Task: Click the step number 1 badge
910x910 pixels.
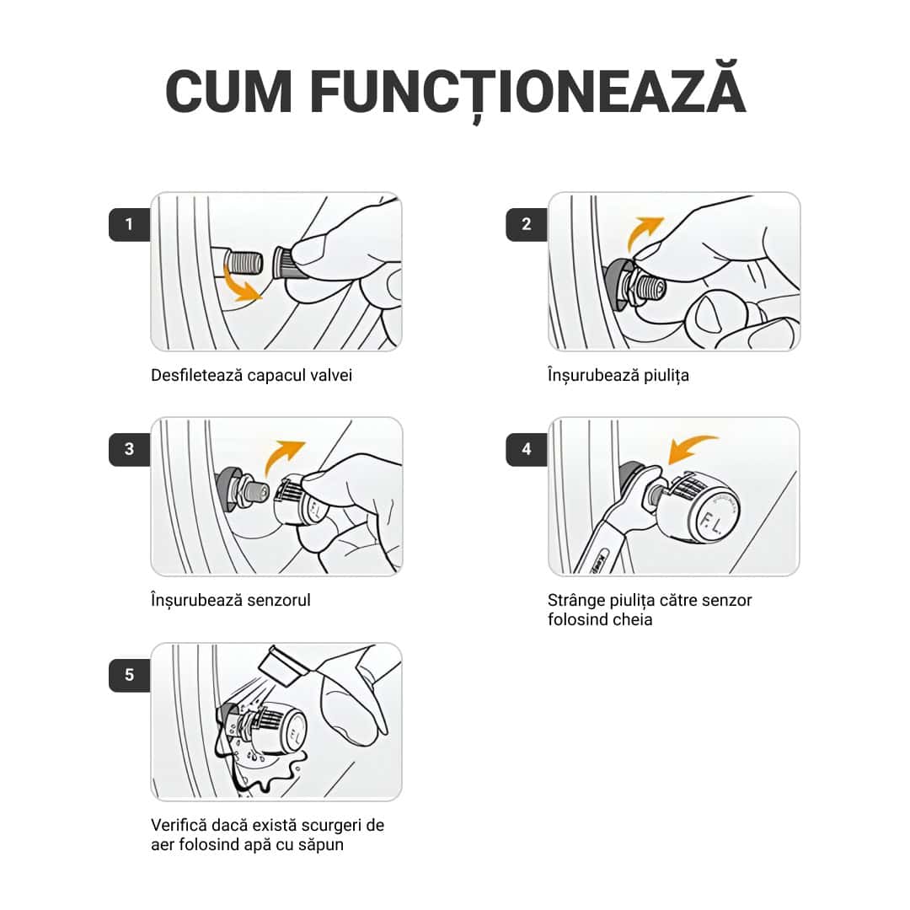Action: coord(129,224)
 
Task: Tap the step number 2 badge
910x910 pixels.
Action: coord(527,224)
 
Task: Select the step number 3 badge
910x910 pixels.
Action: coord(129,449)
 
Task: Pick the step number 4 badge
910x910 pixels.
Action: coord(527,449)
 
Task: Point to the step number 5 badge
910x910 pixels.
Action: coord(129,675)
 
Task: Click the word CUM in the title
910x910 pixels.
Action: coord(228,92)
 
